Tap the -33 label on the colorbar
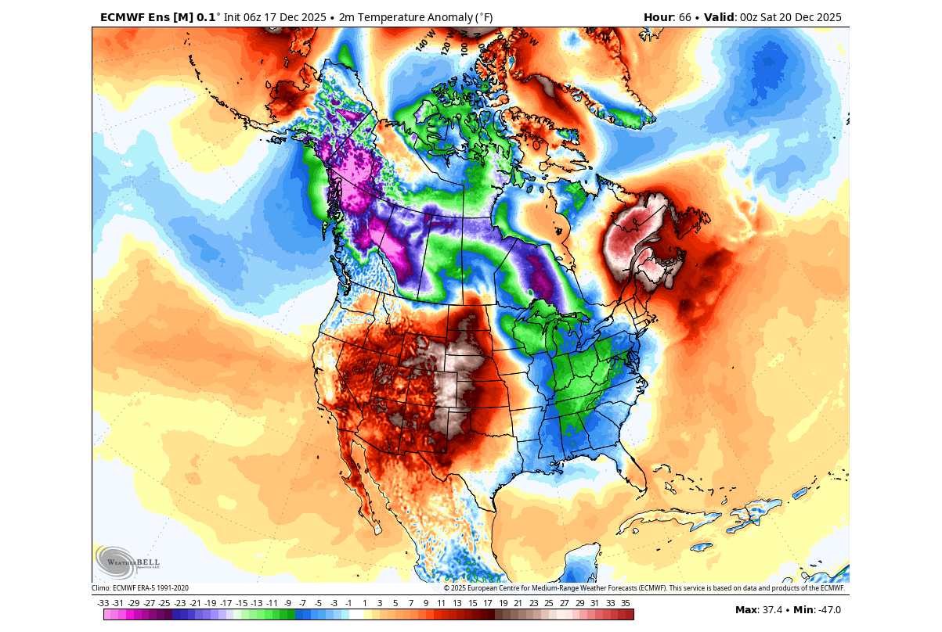pyautogui.click(x=103, y=603)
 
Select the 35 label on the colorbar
pyautogui.click(x=625, y=603)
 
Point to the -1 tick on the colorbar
pyautogui.click(x=348, y=603)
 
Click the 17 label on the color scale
pyautogui.click(x=487, y=603)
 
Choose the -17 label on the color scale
pyautogui.click(x=226, y=603)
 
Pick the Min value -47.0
pyautogui.click(x=828, y=610)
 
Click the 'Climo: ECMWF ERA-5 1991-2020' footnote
pyautogui.click(x=140, y=588)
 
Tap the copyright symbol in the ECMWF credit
pyautogui.click(x=447, y=588)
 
